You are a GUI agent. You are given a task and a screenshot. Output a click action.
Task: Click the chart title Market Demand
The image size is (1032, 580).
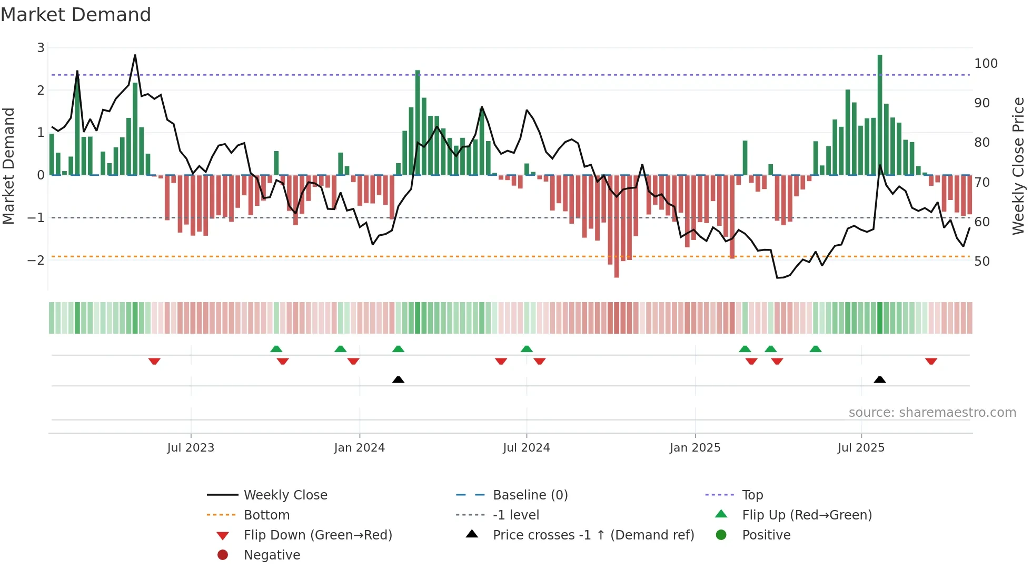76,15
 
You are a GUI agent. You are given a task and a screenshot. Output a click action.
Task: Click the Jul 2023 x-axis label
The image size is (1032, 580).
191,448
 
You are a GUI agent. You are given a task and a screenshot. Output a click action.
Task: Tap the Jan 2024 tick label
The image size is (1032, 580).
359,448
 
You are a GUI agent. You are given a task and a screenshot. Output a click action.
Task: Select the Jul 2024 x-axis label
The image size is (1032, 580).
526,448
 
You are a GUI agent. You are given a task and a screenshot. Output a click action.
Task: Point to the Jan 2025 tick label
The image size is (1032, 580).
695,448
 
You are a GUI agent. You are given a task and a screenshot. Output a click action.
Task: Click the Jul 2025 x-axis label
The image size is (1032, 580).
861,448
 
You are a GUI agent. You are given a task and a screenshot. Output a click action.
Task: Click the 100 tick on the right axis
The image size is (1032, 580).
986,64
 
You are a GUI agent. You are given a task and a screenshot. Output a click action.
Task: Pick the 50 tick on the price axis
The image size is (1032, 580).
981,262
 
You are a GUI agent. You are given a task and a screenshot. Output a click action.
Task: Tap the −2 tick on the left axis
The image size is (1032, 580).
36,260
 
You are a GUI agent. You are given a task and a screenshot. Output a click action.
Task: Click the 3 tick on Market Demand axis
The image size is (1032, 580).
41,48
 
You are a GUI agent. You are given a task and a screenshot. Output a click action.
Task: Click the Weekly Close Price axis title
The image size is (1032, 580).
1018,166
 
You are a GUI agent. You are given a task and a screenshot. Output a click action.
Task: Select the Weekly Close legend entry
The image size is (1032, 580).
285,495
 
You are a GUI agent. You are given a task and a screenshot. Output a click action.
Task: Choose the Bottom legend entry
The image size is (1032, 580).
266,515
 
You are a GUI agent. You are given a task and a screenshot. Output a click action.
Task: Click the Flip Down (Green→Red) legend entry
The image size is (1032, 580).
317,535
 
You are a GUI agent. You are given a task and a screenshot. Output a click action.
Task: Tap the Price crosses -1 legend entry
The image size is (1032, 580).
593,535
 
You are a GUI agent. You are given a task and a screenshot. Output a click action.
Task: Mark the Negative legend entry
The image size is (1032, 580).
272,555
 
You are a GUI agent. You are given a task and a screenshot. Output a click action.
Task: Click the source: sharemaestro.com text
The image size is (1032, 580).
932,413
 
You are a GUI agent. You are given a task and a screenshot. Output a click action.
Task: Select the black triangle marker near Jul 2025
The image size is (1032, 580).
880,379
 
